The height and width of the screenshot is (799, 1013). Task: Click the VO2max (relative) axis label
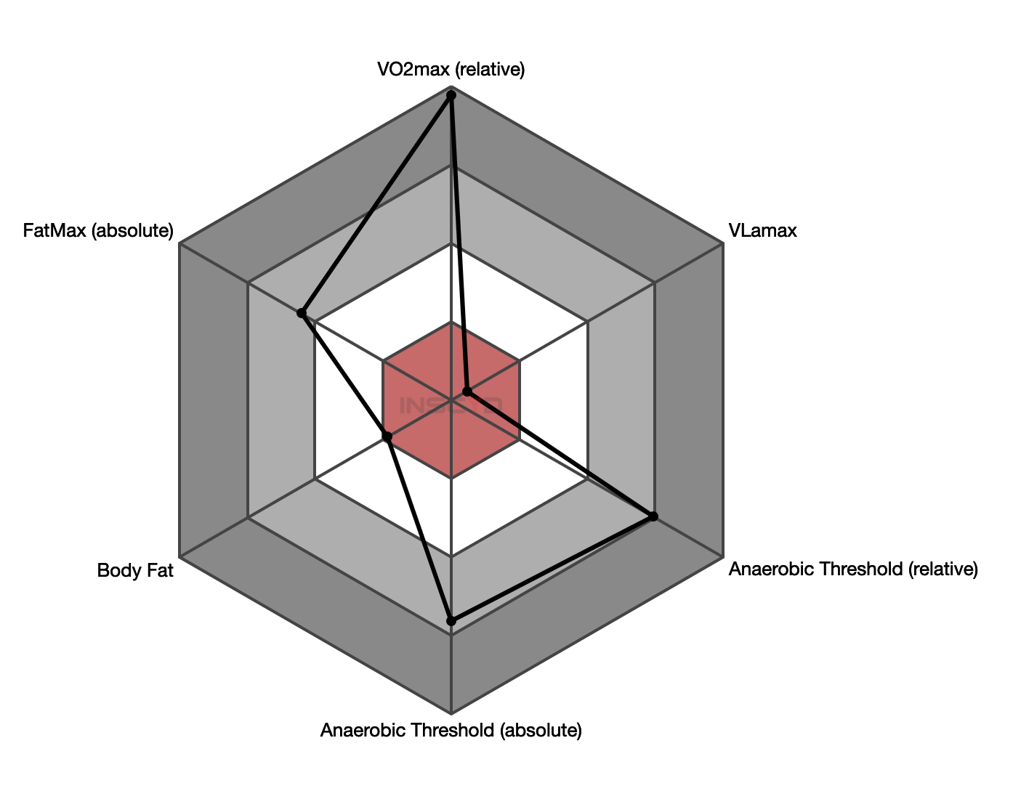451,70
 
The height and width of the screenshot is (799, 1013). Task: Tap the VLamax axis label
762,231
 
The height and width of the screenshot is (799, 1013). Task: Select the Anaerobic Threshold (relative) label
853,569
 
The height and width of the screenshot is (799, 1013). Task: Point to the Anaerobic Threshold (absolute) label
451,730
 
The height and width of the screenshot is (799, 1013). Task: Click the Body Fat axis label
135,571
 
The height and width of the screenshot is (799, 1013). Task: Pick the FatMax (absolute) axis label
98,231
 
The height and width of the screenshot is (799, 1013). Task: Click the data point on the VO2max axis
451,95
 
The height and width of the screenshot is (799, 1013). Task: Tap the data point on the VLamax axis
467,392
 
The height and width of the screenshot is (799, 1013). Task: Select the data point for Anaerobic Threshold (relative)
653,516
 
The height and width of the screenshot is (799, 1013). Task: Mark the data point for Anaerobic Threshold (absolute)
451,620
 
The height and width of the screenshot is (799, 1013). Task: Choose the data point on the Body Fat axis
387,437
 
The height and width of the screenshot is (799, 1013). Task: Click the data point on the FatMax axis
302,313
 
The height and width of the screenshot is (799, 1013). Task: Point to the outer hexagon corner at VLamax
723,244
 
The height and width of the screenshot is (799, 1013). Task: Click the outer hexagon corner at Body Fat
179,557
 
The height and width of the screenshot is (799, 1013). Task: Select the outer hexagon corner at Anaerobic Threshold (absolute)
451,713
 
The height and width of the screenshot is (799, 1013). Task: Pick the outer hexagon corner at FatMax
179,244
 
